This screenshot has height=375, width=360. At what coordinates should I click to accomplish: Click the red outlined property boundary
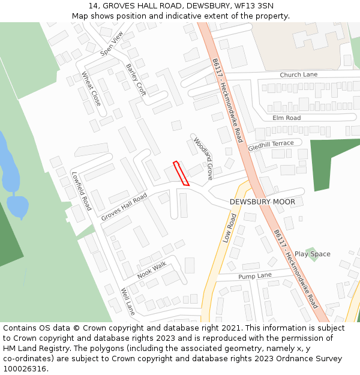point(181,173)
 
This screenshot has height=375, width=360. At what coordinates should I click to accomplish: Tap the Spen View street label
point(112,43)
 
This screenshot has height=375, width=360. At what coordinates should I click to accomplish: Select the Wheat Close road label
point(92,89)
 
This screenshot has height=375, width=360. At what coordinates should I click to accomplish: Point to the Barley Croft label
point(136,80)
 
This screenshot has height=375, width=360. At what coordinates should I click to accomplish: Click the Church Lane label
point(298,75)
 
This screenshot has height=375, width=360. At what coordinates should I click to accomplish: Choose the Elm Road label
point(286,118)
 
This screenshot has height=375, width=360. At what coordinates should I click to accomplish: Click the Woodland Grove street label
point(203,158)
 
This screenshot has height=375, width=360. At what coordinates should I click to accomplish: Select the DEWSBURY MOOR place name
point(262,202)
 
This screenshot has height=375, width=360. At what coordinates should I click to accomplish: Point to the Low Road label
point(230,228)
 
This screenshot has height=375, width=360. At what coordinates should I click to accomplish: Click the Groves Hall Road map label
point(124,207)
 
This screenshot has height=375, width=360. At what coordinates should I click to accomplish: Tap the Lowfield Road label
point(81,191)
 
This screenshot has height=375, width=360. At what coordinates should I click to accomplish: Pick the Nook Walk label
point(151,270)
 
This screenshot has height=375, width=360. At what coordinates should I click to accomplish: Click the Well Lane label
point(128,302)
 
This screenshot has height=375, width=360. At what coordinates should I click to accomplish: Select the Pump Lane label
point(255,276)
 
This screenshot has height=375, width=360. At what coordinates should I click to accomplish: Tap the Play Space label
point(312,254)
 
